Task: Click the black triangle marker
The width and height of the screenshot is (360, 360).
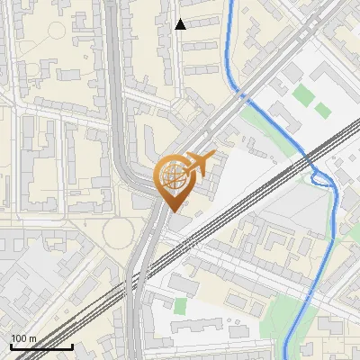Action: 180,24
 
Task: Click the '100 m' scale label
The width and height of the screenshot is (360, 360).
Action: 23,338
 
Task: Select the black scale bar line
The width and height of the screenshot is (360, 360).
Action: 41,346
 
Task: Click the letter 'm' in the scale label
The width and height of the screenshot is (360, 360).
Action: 32,338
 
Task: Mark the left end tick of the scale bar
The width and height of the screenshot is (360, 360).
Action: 11,346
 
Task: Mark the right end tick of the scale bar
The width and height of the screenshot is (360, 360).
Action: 72,346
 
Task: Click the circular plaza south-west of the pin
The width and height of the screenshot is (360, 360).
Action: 119,234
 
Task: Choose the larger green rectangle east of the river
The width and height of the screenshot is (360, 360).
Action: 303,94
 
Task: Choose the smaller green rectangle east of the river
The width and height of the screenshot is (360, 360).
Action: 322,110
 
